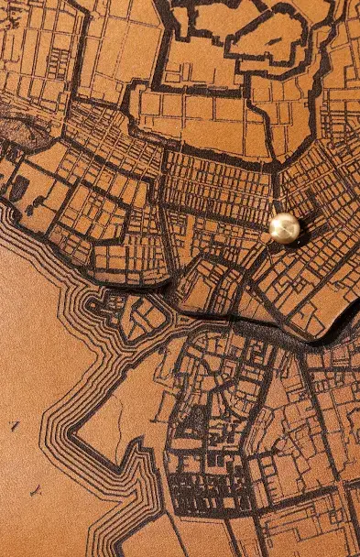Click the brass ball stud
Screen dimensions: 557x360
tap(284, 227)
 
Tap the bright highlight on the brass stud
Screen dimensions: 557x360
tap(280, 223)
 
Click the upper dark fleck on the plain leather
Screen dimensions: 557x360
tap(14, 425)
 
